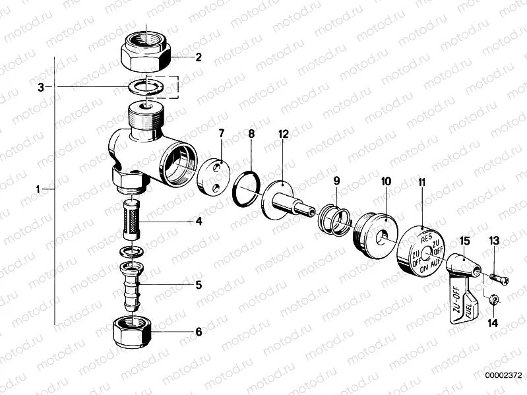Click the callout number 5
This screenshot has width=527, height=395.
point(198,286)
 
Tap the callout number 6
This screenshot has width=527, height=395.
point(198,332)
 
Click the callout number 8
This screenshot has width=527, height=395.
point(251,134)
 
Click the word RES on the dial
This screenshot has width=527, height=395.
point(425,237)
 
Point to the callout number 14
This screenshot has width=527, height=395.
point(493,324)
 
